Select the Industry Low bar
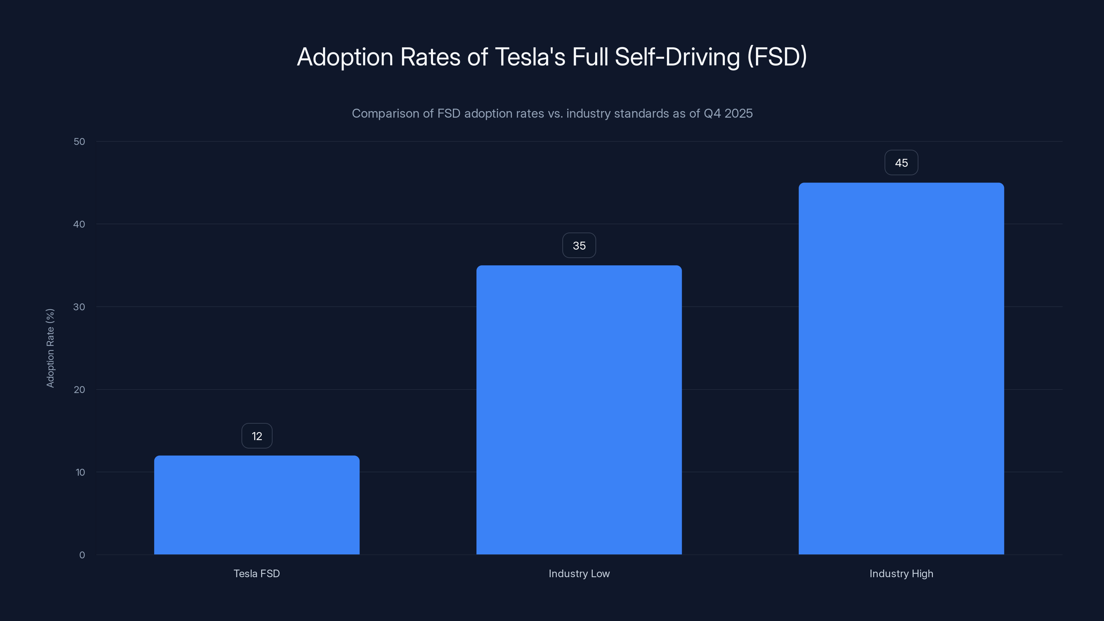pyautogui.click(x=579, y=410)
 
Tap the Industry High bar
pyautogui.click(x=901, y=368)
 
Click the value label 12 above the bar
pyautogui.click(x=257, y=436)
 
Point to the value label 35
pyautogui.click(x=579, y=246)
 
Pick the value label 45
pyautogui.click(x=901, y=163)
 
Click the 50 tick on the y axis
pyautogui.click(x=79, y=141)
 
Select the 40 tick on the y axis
pyautogui.click(x=79, y=224)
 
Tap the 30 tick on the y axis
pyautogui.click(x=79, y=307)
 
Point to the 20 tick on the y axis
pyautogui.click(x=79, y=390)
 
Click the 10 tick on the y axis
pyautogui.click(x=80, y=472)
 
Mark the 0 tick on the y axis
pyautogui.click(x=82, y=555)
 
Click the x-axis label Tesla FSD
pyautogui.click(x=257, y=573)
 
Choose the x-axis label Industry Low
pyautogui.click(x=579, y=573)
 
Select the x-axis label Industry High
pyautogui.click(x=901, y=573)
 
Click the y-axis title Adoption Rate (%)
pyautogui.click(x=50, y=348)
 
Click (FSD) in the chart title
pyautogui.click(x=777, y=57)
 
